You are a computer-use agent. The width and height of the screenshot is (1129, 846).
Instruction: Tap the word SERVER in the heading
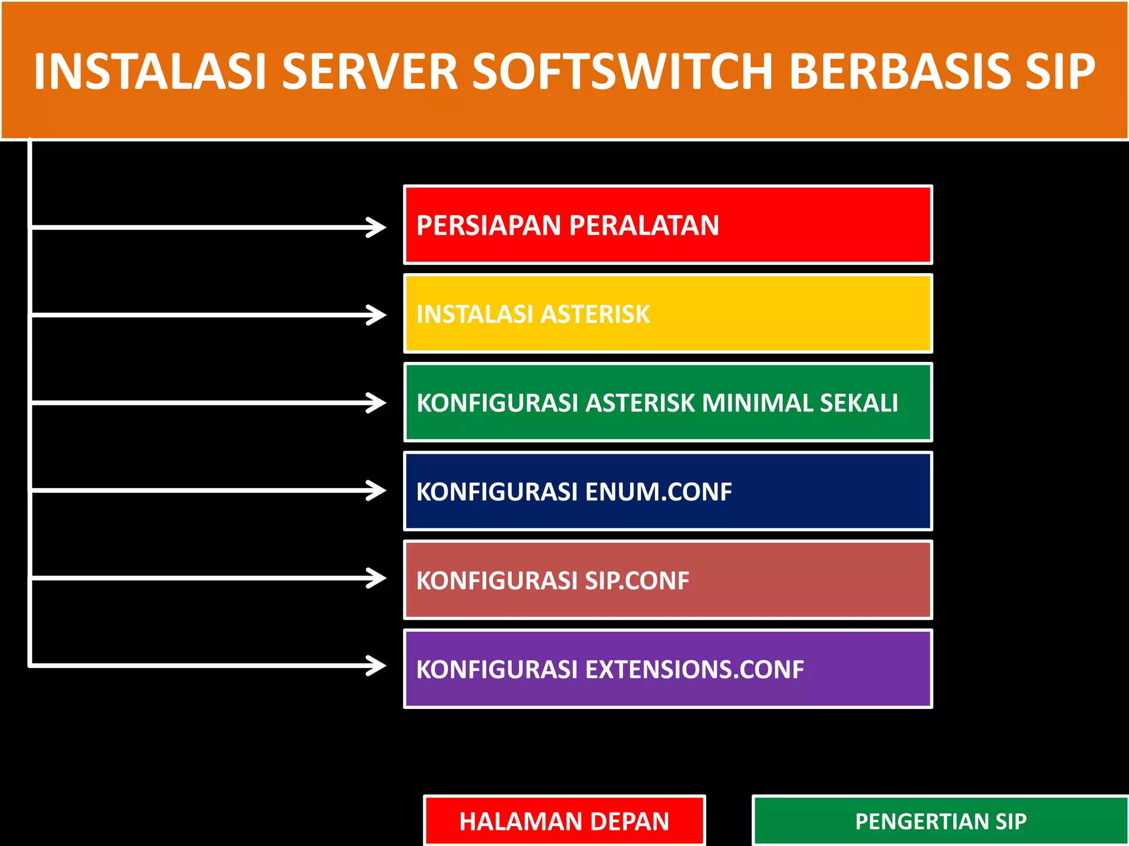tap(369, 72)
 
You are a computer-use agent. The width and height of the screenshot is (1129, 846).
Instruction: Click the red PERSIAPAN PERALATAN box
tap(668, 225)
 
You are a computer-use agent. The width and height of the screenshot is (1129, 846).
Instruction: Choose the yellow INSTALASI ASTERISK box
tap(668, 314)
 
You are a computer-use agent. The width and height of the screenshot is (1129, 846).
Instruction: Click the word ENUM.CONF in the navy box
tap(658, 492)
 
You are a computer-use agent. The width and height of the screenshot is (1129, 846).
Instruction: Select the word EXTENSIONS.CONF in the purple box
tap(694, 670)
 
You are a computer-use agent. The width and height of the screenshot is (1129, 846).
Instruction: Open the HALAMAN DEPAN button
tap(564, 821)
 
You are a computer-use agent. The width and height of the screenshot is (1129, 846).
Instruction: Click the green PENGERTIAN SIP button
tap(940, 821)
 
